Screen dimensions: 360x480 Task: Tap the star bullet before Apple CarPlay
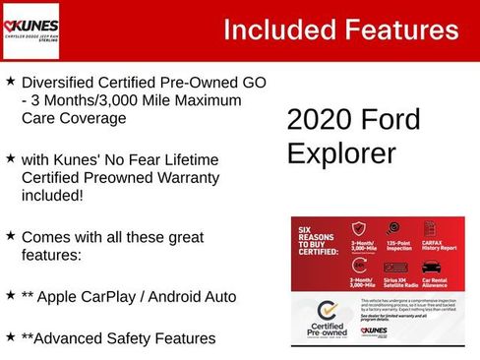(x=10, y=294)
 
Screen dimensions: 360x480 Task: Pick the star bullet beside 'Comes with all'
(x=10, y=237)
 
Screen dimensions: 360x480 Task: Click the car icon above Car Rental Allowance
(x=431, y=268)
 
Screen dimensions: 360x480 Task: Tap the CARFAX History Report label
(x=437, y=247)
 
